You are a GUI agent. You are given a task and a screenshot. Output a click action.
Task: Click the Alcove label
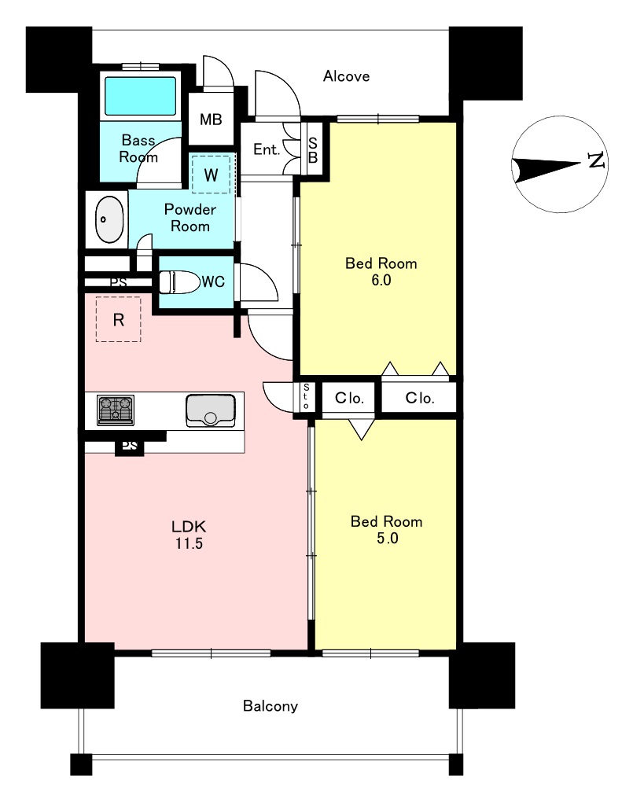(x=346, y=76)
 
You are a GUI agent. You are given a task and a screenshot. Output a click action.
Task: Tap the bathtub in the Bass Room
(x=140, y=96)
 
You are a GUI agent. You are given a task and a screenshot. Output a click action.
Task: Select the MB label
(x=211, y=120)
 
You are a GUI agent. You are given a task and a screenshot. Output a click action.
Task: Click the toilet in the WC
(x=179, y=281)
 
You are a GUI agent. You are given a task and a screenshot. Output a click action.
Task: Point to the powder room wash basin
(x=109, y=219)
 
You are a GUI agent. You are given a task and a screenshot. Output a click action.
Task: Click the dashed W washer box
(x=211, y=175)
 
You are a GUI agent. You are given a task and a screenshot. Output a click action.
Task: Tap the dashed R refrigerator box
(x=118, y=320)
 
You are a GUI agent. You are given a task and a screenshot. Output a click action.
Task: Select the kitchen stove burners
(x=116, y=410)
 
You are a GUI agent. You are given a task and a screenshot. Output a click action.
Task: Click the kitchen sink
(x=210, y=410)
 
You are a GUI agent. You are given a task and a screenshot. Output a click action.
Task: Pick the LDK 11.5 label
(x=189, y=535)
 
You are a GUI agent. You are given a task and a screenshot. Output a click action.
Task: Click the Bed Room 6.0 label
(x=381, y=271)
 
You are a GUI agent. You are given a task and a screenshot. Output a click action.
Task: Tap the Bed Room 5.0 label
(x=387, y=530)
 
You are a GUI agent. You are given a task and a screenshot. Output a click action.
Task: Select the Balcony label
(x=270, y=706)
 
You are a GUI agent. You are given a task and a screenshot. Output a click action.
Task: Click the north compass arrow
(x=546, y=168)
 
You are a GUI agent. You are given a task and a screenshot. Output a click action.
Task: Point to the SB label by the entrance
(x=312, y=150)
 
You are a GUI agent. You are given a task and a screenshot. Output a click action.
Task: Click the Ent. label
(x=267, y=149)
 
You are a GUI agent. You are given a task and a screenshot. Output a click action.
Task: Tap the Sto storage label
(x=306, y=397)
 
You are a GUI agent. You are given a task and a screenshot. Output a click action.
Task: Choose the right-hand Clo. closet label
(x=419, y=398)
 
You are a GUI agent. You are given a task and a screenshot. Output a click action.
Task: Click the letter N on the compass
(x=597, y=160)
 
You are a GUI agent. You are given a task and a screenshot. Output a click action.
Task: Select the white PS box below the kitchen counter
(x=130, y=446)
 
